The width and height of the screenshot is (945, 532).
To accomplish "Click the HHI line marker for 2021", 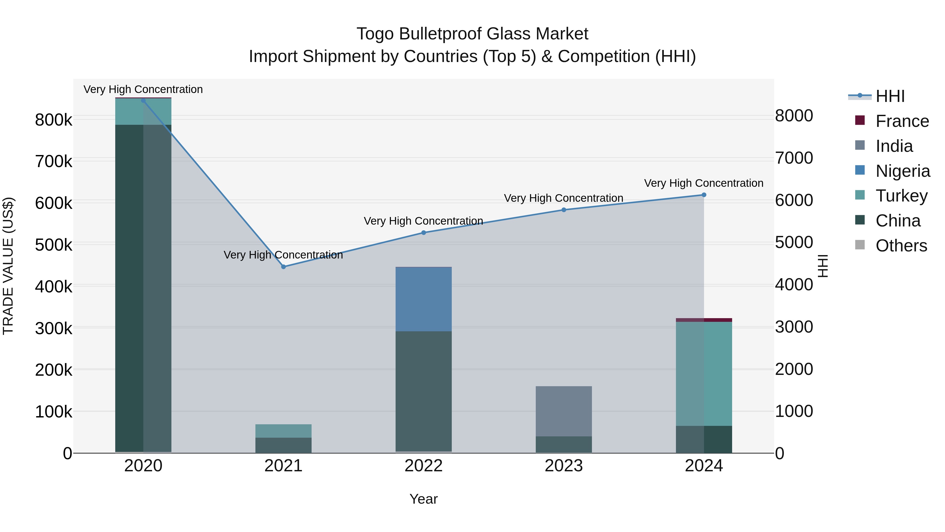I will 283,267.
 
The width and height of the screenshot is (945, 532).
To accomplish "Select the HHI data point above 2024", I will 703,195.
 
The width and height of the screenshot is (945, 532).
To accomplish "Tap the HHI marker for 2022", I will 423,233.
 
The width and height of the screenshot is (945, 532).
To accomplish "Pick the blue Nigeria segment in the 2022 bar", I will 423,299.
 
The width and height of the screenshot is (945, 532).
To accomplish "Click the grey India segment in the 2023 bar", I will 564,411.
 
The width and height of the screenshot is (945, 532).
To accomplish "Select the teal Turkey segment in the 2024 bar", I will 703,374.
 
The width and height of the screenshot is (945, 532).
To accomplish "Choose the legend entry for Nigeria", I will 902,171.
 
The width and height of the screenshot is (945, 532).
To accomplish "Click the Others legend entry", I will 901,246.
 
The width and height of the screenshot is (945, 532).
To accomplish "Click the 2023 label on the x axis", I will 564,466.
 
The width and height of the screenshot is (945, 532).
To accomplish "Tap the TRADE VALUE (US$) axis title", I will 8,266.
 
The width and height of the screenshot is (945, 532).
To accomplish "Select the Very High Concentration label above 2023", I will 564,198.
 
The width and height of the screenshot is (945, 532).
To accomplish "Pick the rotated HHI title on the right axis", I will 823,266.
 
